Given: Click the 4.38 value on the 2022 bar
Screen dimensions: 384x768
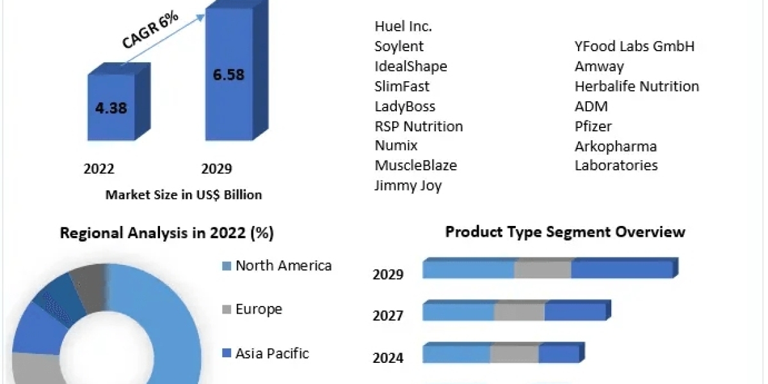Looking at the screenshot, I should pyautogui.click(x=111, y=108).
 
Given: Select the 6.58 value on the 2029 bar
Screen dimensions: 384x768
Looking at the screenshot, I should pyautogui.click(x=228, y=75).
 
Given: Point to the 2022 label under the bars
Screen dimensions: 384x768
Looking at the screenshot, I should pyautogui.click(x=99, y=169).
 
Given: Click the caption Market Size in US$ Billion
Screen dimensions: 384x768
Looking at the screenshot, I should pyautogui.click(x=184, y=195).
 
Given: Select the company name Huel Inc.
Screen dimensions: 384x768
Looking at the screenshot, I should pyautogui.click(x=403, y=27).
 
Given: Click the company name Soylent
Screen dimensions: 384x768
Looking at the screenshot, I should pyautogui.click(x=399, y=47).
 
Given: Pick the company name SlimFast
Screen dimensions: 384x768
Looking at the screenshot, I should pyautogui.click(x=402, y=86).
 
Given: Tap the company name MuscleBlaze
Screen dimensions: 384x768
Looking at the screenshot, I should pyautogui.click(x=415, y=166).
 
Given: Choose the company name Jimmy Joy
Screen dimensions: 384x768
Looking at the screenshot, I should pyautogui.click(x=408, y=186).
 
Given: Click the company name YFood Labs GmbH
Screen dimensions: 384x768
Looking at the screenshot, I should pyautogui.click(x=634, y=47).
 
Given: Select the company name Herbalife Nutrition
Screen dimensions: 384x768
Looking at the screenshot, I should pyautogui.click(x=637, y=86).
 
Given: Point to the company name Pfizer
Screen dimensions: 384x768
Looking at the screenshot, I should pyautogui.click(x=593, y=126).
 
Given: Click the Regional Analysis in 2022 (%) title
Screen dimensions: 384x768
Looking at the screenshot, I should pyautogui.click(x=166, y=234).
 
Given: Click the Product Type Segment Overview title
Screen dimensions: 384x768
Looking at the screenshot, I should pyautogui.click(x=565, y=232).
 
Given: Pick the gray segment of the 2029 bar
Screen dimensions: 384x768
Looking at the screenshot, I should pyautogui.click(x=543, y=270).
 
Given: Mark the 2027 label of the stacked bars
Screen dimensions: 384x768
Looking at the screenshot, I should pyautogui.click(x=388, y=316).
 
